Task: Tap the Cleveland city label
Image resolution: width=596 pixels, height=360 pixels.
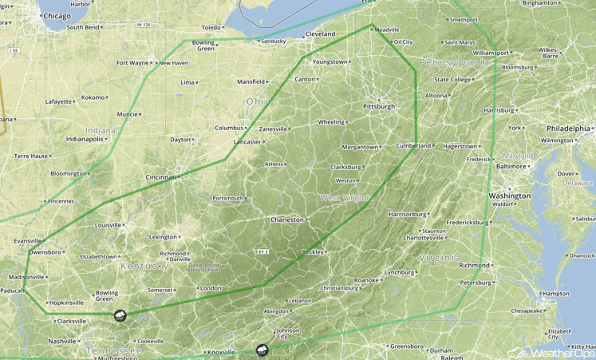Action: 320,34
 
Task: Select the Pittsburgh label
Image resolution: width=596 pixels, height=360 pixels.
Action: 379,106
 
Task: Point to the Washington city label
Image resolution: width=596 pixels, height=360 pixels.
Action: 510,196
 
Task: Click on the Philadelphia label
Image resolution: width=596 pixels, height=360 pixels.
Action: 569,129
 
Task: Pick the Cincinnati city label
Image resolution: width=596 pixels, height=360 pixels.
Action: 160,177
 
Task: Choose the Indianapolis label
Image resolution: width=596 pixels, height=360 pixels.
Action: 85,139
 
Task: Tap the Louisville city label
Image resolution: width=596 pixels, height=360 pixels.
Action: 109,225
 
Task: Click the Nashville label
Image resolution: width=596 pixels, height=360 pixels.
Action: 61,341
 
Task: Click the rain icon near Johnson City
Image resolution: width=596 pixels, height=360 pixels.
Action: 262,350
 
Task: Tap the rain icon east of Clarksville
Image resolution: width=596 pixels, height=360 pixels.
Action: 120,315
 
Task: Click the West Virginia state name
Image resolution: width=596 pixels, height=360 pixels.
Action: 347,197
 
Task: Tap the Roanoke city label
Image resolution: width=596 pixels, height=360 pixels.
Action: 366,280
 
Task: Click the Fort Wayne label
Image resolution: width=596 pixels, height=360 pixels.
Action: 132,62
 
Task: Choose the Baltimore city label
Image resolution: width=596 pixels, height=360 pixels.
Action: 511,167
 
